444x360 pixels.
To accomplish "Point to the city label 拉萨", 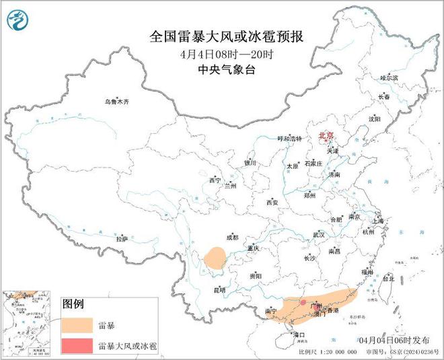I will click(x=121, y=238).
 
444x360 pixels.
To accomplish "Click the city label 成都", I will click(x=232, y=238).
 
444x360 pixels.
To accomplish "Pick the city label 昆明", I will click(x=220, y=290).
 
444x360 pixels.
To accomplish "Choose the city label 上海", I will click(x=377, y=221).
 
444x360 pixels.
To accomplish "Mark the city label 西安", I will click(x=272, y=202).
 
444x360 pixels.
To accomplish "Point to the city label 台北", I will click(x=388, y=277).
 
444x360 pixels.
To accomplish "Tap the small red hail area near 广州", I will click(x=303, y=303).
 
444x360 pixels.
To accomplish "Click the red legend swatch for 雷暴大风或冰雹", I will click(x=77, y=346).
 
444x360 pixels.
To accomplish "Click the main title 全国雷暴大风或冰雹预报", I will click(x=222, y=36).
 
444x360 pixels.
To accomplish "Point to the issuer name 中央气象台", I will click(x=222, y=69).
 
